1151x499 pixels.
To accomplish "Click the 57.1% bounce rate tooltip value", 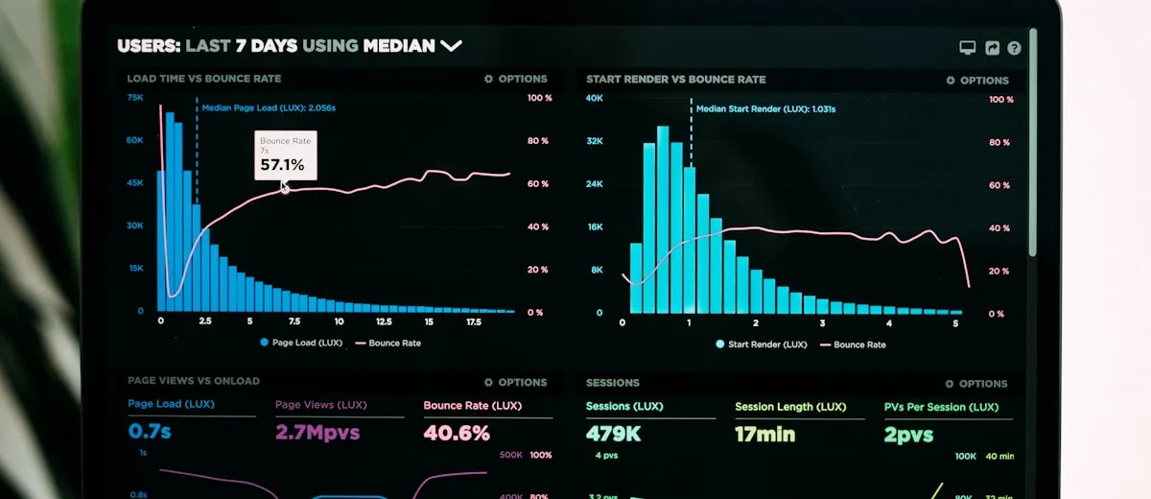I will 282,165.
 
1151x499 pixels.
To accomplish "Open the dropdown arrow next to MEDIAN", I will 451,45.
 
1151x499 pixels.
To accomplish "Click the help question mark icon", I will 1014,48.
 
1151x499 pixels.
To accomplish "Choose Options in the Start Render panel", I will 977,81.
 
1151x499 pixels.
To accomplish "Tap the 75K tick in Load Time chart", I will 135,98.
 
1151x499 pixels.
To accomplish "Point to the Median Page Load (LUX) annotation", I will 268,107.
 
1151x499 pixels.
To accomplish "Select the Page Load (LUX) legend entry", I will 300,343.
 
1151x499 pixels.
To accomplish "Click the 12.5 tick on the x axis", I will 384,322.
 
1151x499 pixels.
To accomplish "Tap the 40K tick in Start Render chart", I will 595,99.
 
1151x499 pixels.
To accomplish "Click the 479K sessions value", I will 614,434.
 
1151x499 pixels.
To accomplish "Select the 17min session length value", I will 764,435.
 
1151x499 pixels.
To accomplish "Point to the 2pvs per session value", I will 908,435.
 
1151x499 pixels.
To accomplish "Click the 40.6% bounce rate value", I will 457,433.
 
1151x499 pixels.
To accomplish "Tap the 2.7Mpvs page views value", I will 317,432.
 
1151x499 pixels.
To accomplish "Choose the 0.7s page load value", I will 150,432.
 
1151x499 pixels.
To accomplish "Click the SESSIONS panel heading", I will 613,383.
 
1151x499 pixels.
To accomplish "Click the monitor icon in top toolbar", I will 967,48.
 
